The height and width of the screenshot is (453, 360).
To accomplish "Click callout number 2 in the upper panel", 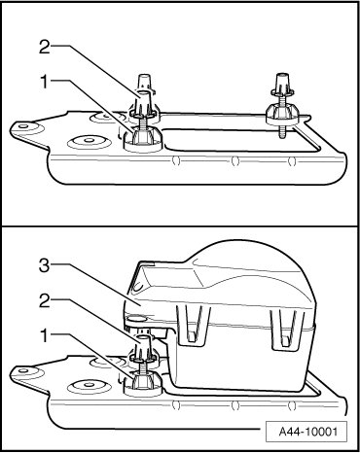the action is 45,47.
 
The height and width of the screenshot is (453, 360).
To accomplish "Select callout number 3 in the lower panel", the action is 45,265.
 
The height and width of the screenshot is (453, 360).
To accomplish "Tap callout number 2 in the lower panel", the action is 45,301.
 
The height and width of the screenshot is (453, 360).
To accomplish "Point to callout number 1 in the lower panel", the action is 45,335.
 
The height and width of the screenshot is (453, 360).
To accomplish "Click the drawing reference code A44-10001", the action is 308,432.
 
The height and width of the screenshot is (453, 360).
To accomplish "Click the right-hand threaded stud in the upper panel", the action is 281,108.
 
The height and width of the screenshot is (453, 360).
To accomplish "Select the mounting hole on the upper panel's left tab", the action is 22,125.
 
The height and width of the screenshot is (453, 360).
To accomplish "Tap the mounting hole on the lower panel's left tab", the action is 22,370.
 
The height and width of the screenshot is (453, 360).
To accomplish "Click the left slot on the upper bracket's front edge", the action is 176,160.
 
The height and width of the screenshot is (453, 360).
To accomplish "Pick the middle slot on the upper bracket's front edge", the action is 235,160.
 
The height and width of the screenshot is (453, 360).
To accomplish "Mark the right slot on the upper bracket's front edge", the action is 292,160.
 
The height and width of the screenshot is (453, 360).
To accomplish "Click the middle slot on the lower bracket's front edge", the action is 235,405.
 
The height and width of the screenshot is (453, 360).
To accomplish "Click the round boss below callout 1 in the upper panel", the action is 89,141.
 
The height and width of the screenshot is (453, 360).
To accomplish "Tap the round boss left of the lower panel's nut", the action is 89,386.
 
